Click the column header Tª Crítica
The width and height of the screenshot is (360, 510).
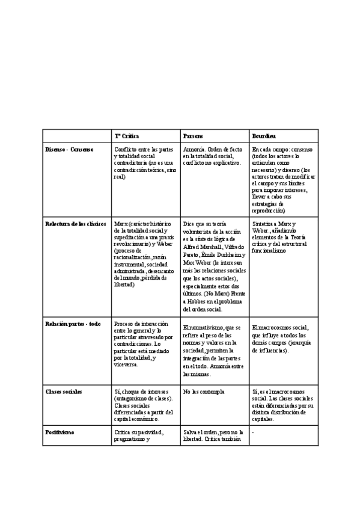[127, 137]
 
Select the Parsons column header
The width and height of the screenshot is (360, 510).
[194, 137]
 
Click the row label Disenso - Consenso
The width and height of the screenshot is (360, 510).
[69, 149]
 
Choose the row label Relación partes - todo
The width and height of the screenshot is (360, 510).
[73, 324]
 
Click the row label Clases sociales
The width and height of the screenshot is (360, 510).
[64, 392]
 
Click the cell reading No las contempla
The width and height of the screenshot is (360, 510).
[204, 392]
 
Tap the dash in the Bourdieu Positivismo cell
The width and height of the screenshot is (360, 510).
[253, 432]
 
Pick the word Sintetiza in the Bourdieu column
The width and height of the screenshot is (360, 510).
[263, 224]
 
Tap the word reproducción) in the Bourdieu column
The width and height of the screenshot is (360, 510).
[269, 211]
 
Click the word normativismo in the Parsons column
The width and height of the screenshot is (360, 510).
[203, 328]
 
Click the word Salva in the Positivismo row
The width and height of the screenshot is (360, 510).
[190, 432]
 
